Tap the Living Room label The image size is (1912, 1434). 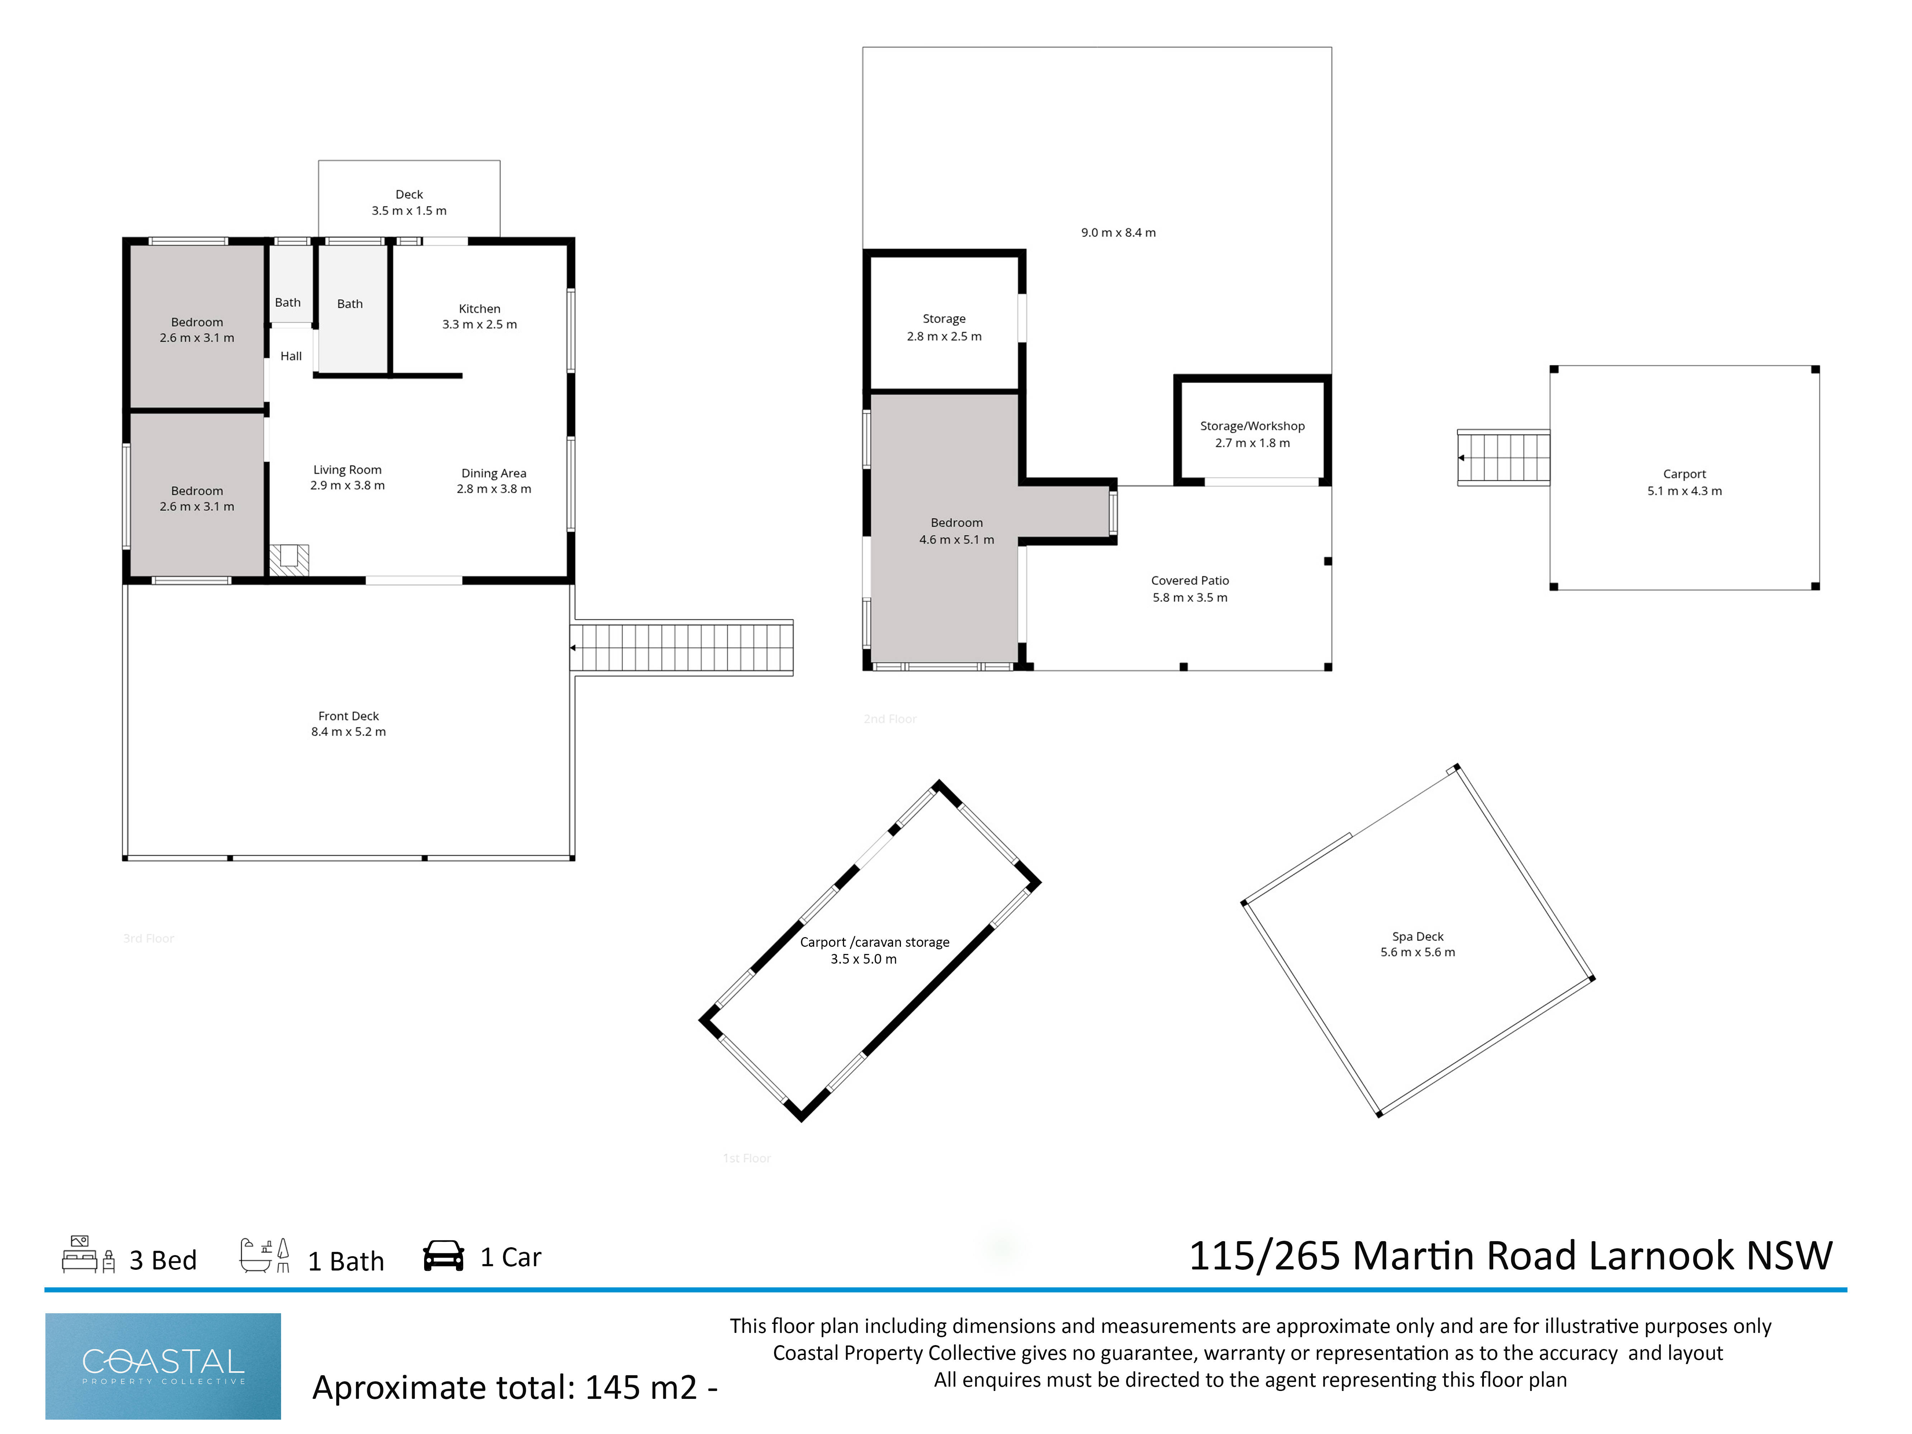coord(347,477)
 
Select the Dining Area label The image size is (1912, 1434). coord(494,481)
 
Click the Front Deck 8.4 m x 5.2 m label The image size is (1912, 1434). coord(348,723)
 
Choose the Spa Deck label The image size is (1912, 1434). coord(1418,944)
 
